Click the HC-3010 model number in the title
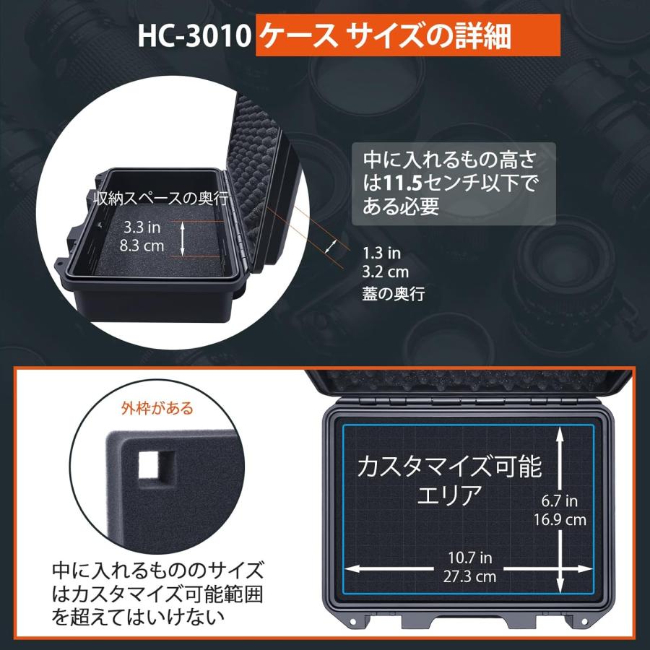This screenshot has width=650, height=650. (x=194, y=37)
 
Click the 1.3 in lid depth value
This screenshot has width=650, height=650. (x=381, y=253)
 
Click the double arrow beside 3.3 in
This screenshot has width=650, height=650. (x=183, y=238)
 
